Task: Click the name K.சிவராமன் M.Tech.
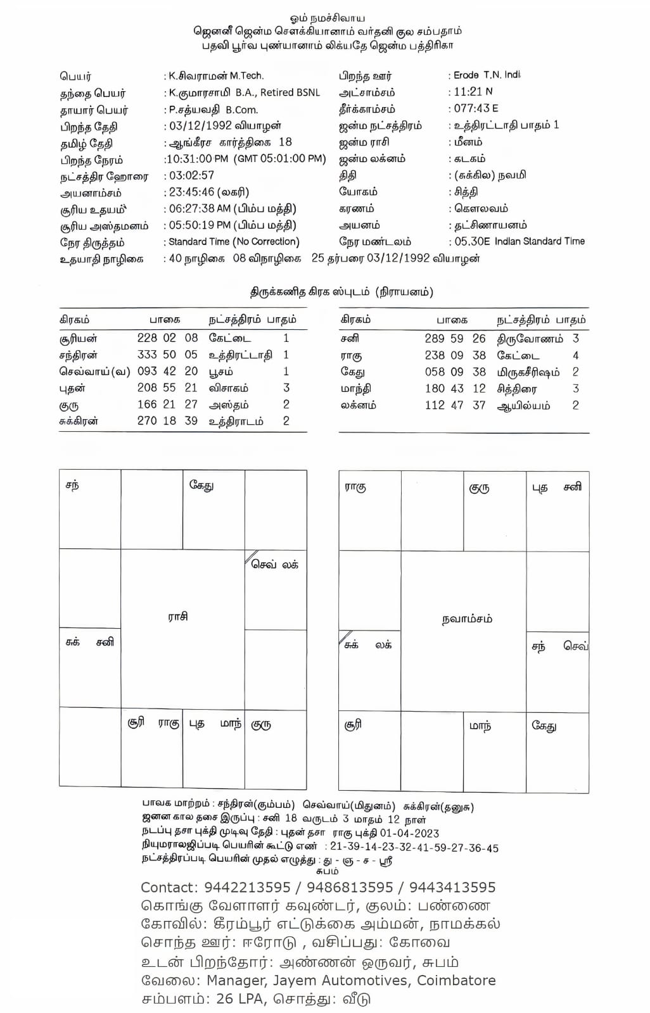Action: (216, 75)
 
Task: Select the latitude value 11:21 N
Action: (473, 92)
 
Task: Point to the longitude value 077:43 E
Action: (476, 108)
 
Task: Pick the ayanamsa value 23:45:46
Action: (191, 192)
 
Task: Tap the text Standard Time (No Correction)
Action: (234, 242)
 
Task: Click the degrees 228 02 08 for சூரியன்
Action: (167, 338)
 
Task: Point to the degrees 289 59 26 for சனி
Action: (455, 339)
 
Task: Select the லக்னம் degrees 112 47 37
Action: (455, 405)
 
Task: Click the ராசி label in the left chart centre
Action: (178, 616)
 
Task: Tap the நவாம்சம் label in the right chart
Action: (467, 619)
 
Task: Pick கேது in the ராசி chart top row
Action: (201, 486)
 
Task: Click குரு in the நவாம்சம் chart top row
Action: (479, 488)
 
